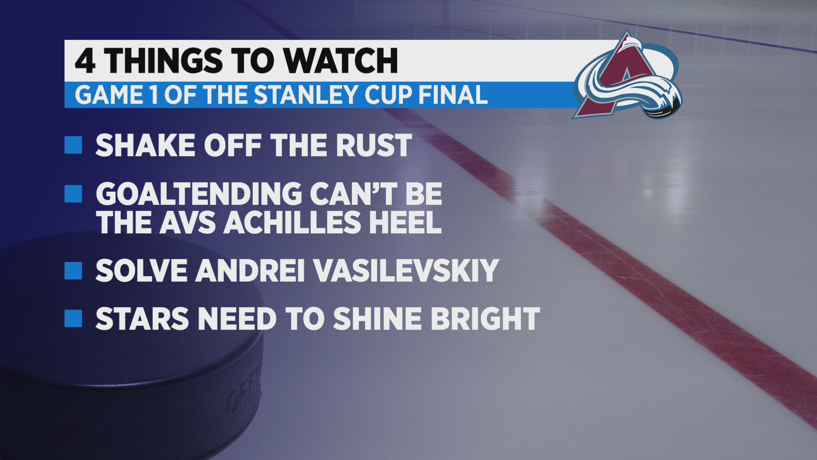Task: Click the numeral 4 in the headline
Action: [x=85, y=60]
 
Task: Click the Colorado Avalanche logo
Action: [x=628, y=76]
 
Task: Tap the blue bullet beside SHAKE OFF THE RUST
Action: [x=73, y=145]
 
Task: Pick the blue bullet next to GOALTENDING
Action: [x=73, y=194]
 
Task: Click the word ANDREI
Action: [x=250, y=270]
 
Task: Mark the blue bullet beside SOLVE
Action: [x=73, y=270]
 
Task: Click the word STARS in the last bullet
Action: [x=142, y=319]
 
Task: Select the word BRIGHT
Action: [x=486, y=319]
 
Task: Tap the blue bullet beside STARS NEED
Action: [x=73, y=319]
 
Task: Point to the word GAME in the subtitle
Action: [x=109, y=95]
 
